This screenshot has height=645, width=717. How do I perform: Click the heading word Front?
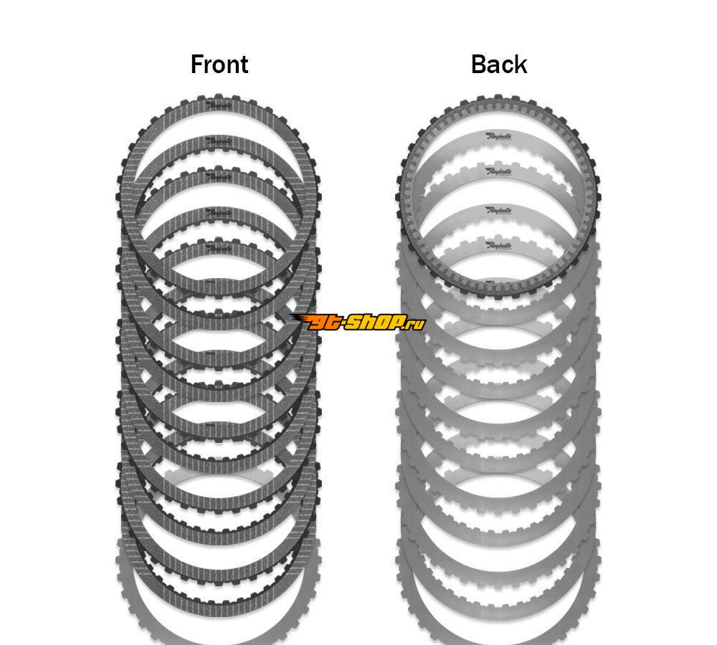(x=219, y=64)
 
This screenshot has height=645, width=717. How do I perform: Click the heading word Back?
(x=499, y=64)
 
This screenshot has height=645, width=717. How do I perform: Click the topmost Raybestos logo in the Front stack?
(x=219, y=105)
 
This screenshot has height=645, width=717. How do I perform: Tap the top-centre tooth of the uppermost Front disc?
(x=219, y=95)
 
